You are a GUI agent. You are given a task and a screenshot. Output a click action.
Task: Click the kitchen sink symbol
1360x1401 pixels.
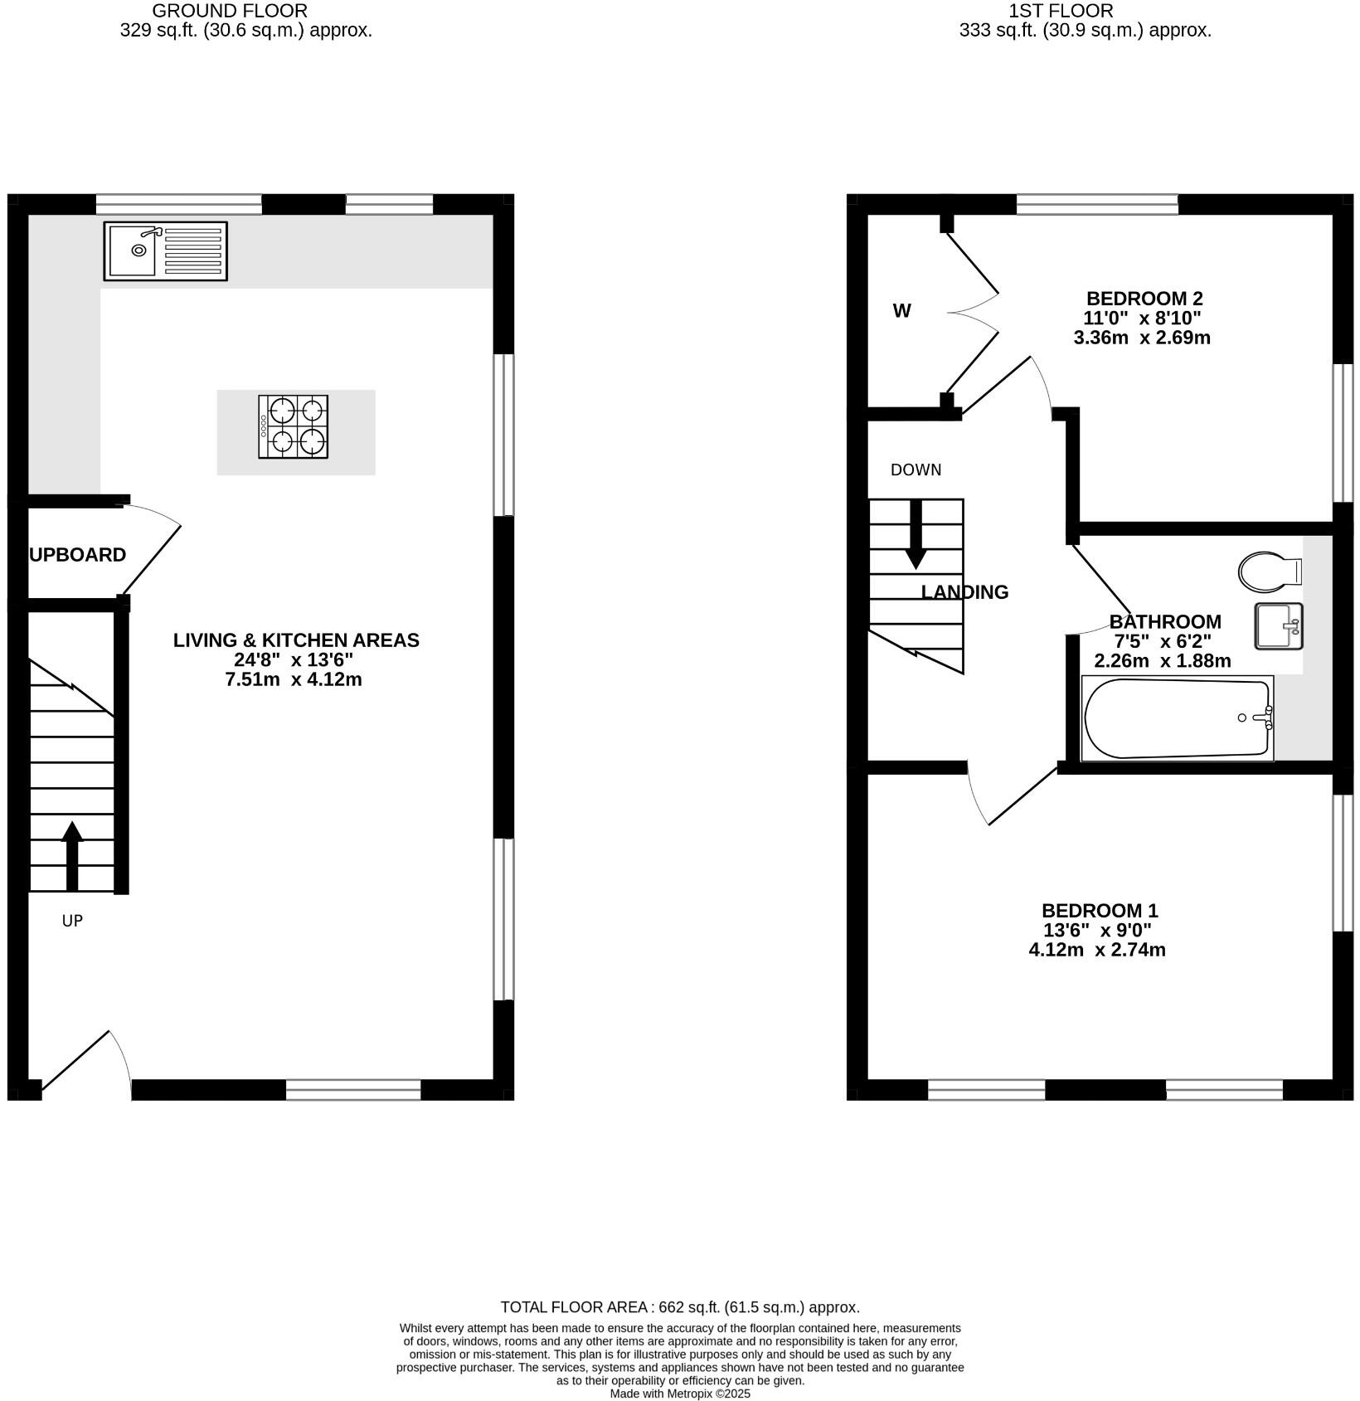pos(165,251)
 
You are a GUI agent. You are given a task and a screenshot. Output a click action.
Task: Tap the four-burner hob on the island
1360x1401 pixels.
pos(293,426)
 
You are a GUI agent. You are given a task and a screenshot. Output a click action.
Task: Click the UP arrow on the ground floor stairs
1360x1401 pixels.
pos(72,855)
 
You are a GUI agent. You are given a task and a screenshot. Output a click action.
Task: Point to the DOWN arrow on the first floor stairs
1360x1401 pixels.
pos(916,535)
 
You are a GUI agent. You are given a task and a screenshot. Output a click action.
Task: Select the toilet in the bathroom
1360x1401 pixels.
pos(1269,571)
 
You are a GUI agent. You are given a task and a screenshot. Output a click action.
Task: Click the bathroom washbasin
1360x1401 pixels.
pos(1278,626)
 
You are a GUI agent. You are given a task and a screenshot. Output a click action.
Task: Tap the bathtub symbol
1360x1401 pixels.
pos(1177,718)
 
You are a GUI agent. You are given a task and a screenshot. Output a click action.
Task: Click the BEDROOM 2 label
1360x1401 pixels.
pos(1144,299)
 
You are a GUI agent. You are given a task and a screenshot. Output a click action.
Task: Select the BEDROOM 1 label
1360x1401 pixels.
pos(1100,911)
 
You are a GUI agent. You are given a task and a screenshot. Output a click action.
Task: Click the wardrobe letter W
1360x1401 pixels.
pos(901,311)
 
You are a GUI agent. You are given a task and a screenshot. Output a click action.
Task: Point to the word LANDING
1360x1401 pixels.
pos(965,592)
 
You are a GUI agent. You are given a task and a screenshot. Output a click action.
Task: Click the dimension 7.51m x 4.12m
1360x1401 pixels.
pos(294,680)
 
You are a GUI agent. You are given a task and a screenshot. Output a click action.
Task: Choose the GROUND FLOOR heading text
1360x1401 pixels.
pos(230,11)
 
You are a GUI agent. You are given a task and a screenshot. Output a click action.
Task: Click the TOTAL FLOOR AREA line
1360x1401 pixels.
pos(680,1307)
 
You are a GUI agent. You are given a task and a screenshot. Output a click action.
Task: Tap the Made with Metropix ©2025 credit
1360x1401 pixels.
pos(680,1394)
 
